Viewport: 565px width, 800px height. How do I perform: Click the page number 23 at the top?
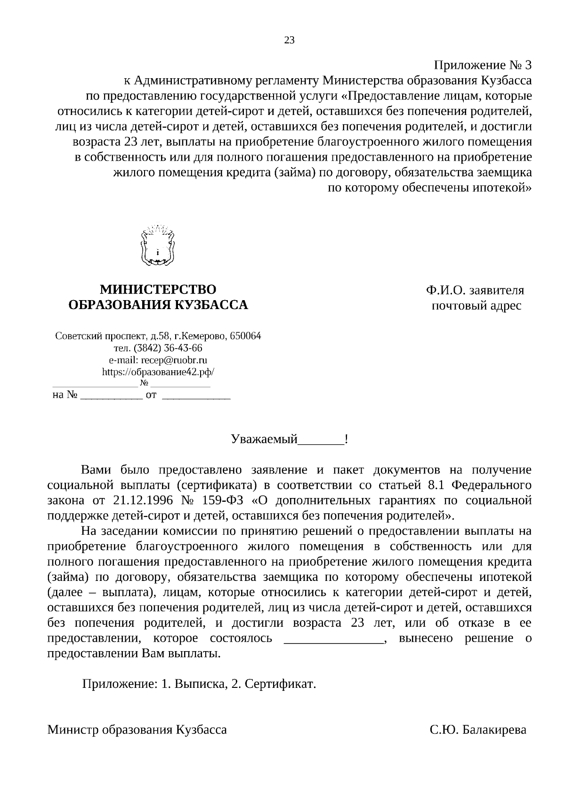(x=289, y=40)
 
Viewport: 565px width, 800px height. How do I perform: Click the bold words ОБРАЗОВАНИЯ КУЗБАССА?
(x=158, y=305)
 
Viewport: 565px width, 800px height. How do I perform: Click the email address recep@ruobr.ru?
(x=174, y=360)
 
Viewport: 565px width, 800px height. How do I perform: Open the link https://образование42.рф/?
(x=158, y=372)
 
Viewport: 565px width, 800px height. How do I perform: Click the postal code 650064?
(x=246, y=336)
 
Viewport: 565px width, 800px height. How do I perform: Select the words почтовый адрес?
(x=476, y=306)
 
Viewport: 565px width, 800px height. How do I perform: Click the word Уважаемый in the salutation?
(x=265, y=440)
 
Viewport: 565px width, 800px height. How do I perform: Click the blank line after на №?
(x=111, y=395)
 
